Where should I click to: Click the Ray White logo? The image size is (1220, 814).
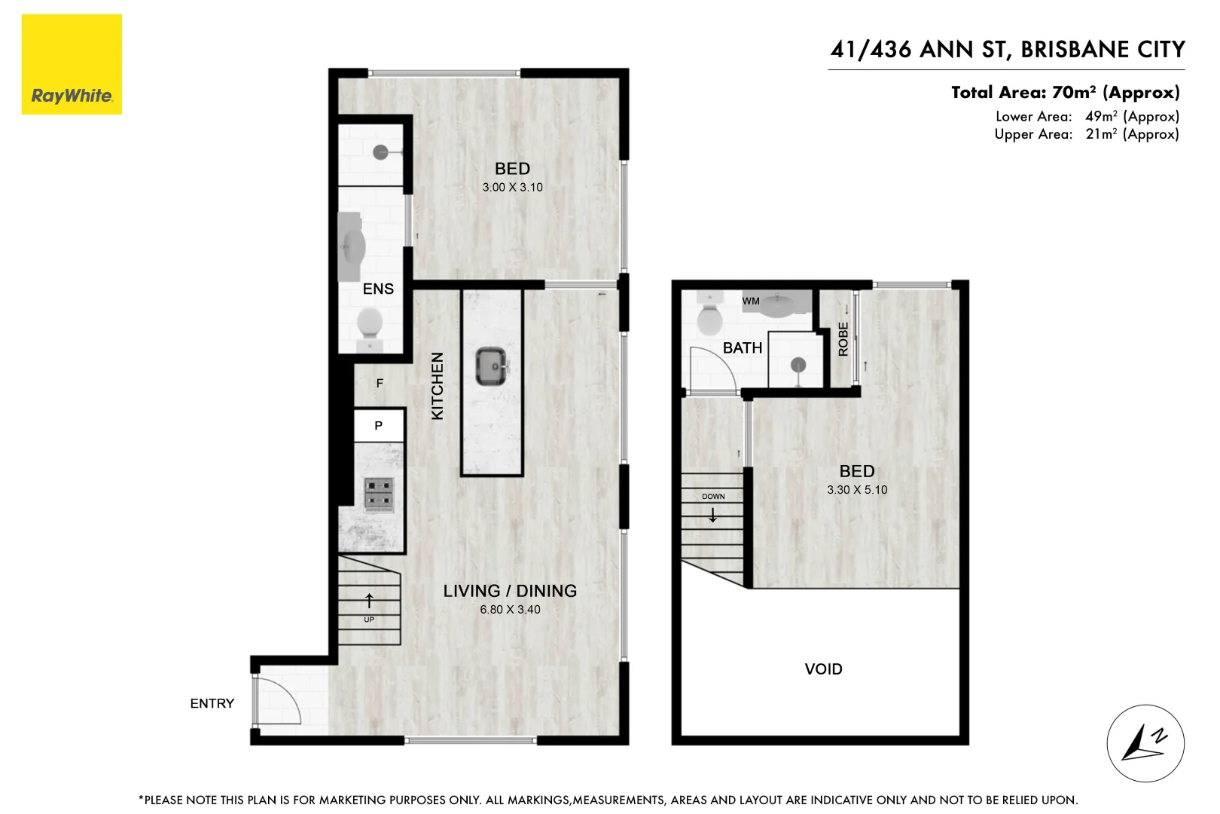pos(72,65)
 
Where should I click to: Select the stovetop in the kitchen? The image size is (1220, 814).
pos(379,494)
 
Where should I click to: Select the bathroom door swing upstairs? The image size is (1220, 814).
pos(712,369)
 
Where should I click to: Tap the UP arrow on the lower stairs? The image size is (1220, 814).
pos(369,601)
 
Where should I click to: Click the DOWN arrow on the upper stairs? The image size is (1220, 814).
pos(712,516)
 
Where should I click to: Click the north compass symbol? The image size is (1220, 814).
pos(1145,743)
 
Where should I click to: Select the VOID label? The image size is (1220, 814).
pos(823,669)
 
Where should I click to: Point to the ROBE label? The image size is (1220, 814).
pos(843,339)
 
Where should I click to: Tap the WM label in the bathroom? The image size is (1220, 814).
pos(751,301)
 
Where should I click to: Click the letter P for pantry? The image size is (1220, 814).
pos(379,426)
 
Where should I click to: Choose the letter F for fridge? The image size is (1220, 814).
pos(380,384)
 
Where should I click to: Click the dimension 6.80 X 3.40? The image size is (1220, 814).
pos(510,610)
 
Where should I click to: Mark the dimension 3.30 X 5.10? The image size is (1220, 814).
pos(857,490)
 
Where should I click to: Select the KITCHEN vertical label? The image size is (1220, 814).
pos(438,386)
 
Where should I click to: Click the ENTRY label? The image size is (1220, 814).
pos(212,703)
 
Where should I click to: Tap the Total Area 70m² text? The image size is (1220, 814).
pos(1065,93)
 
